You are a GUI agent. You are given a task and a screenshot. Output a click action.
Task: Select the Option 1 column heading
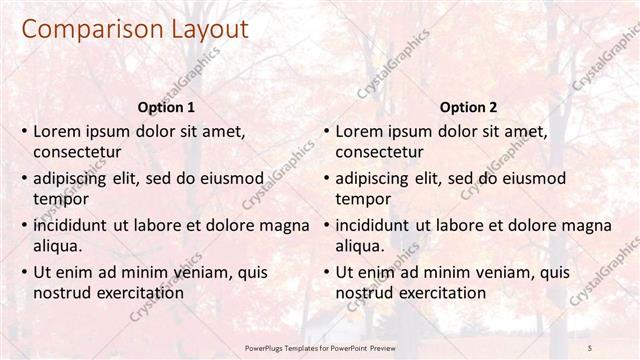click(x=165, y=107)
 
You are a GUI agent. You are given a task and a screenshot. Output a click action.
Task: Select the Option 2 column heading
click(x=468, y=107)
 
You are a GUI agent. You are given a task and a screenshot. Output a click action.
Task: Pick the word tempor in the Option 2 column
click(x=362, y=199)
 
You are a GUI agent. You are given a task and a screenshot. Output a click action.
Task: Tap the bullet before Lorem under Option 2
click(x=326, y=131)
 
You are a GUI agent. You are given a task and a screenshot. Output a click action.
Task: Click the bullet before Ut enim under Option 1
click(x=24, y=272)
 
